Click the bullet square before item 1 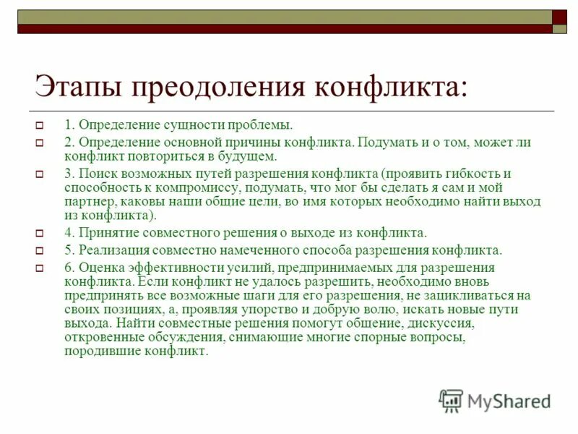pyautogui.click(x=41, y=125)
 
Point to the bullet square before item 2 pyautogui.click(x=41, y=143)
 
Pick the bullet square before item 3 pyautogui.click(x=41, y=175)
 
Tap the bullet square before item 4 pyautogui.click(x=41, y=234)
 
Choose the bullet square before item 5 pyautogui.click(x=41, y=251)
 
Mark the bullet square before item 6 pyautogui.click(x=41, y=268)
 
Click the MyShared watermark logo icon pyautogui.click(x=451, y=400)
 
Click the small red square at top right pyautogui.click(x=560, y=17)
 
